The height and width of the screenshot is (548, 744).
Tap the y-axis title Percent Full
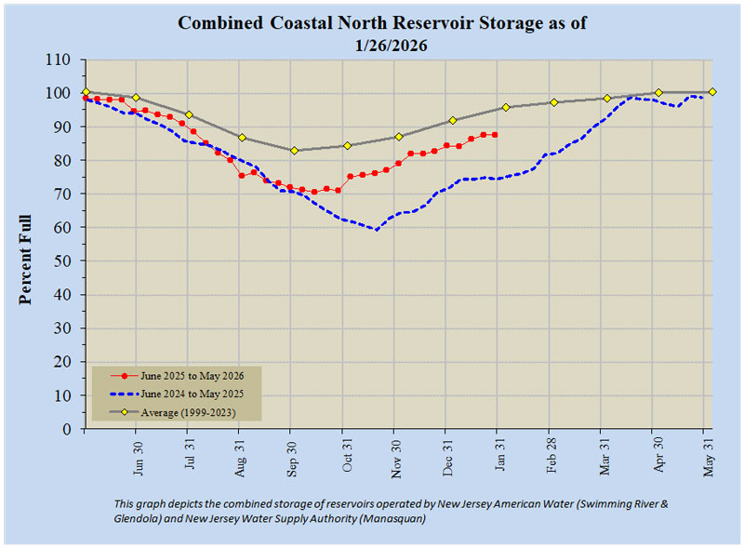(25, 261)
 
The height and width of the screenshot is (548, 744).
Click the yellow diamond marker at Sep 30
(294, 151)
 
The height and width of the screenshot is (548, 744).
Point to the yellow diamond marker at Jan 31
(506, 107)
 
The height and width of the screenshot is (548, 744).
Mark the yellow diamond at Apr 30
(658, 92)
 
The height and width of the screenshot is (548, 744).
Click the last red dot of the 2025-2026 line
(495, 135)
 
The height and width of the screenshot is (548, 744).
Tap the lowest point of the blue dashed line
(377, 229)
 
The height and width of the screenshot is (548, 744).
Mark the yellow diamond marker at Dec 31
(453, 120)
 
